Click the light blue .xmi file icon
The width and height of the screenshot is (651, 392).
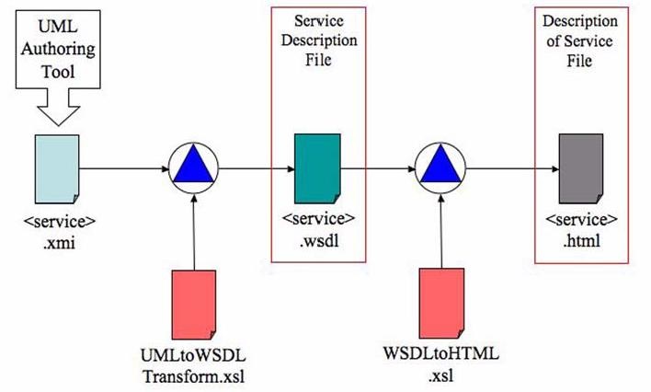click(x=57, y=169)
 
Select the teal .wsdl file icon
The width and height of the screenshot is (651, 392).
click(x=317, y=168)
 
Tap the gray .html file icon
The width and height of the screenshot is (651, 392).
click(x=581, y=168)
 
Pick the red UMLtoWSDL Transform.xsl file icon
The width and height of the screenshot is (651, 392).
click(x=194, y=305)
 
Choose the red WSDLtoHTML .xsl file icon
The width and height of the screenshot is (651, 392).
click(x=441, y=303)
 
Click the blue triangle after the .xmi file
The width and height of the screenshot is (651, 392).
click(x=193, y=164)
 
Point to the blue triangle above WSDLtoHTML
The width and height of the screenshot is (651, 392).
click(x=441, y=164)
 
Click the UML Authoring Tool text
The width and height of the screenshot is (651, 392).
click(x=58, y=49)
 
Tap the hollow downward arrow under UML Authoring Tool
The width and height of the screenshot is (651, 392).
click(x=58, y=107)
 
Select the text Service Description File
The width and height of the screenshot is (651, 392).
click(x=319, y=40)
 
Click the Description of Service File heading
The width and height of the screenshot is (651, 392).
click(x=580, y=40)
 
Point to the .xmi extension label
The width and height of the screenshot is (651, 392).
click(x=59, y=243)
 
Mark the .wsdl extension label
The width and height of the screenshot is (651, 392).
click(x=319, y=241)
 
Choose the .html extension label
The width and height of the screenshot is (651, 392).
click(x=581, y=241)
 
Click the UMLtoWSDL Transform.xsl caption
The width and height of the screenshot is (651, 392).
click(x=193, y=366)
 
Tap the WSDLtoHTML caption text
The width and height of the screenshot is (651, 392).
click(x=441, y=354)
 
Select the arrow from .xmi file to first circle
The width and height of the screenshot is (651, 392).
click(x=124, y=168)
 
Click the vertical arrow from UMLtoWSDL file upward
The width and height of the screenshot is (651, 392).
click(x=194, y=232)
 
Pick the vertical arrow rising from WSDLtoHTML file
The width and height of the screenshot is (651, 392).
click(x=441, y=231)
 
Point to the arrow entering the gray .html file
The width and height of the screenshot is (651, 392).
click(x=512, y=168)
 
